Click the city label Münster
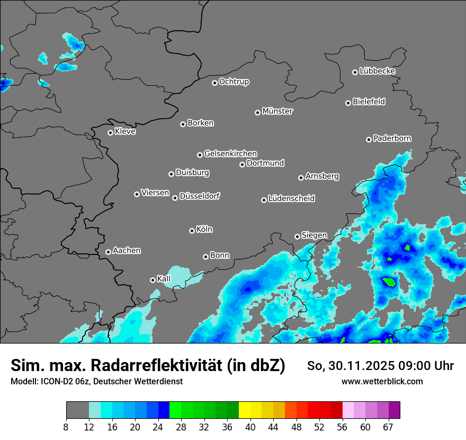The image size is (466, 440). [277, 111]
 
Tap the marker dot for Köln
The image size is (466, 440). [192, 231]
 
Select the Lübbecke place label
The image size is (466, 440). [377, 71]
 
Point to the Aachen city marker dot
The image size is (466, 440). [108, 252]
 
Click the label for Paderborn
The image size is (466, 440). [392, 138]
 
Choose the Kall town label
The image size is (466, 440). [164, 279]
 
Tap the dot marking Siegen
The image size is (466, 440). [297, 236]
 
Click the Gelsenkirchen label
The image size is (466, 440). [230, 154]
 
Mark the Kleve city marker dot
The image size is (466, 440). [110, 133]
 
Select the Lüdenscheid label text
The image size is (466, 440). [291, 199]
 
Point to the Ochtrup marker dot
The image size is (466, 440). [214, 83]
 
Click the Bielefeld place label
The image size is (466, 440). [369, 102]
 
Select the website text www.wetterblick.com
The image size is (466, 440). [382, 382]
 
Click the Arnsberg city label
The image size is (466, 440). [322, 176]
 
